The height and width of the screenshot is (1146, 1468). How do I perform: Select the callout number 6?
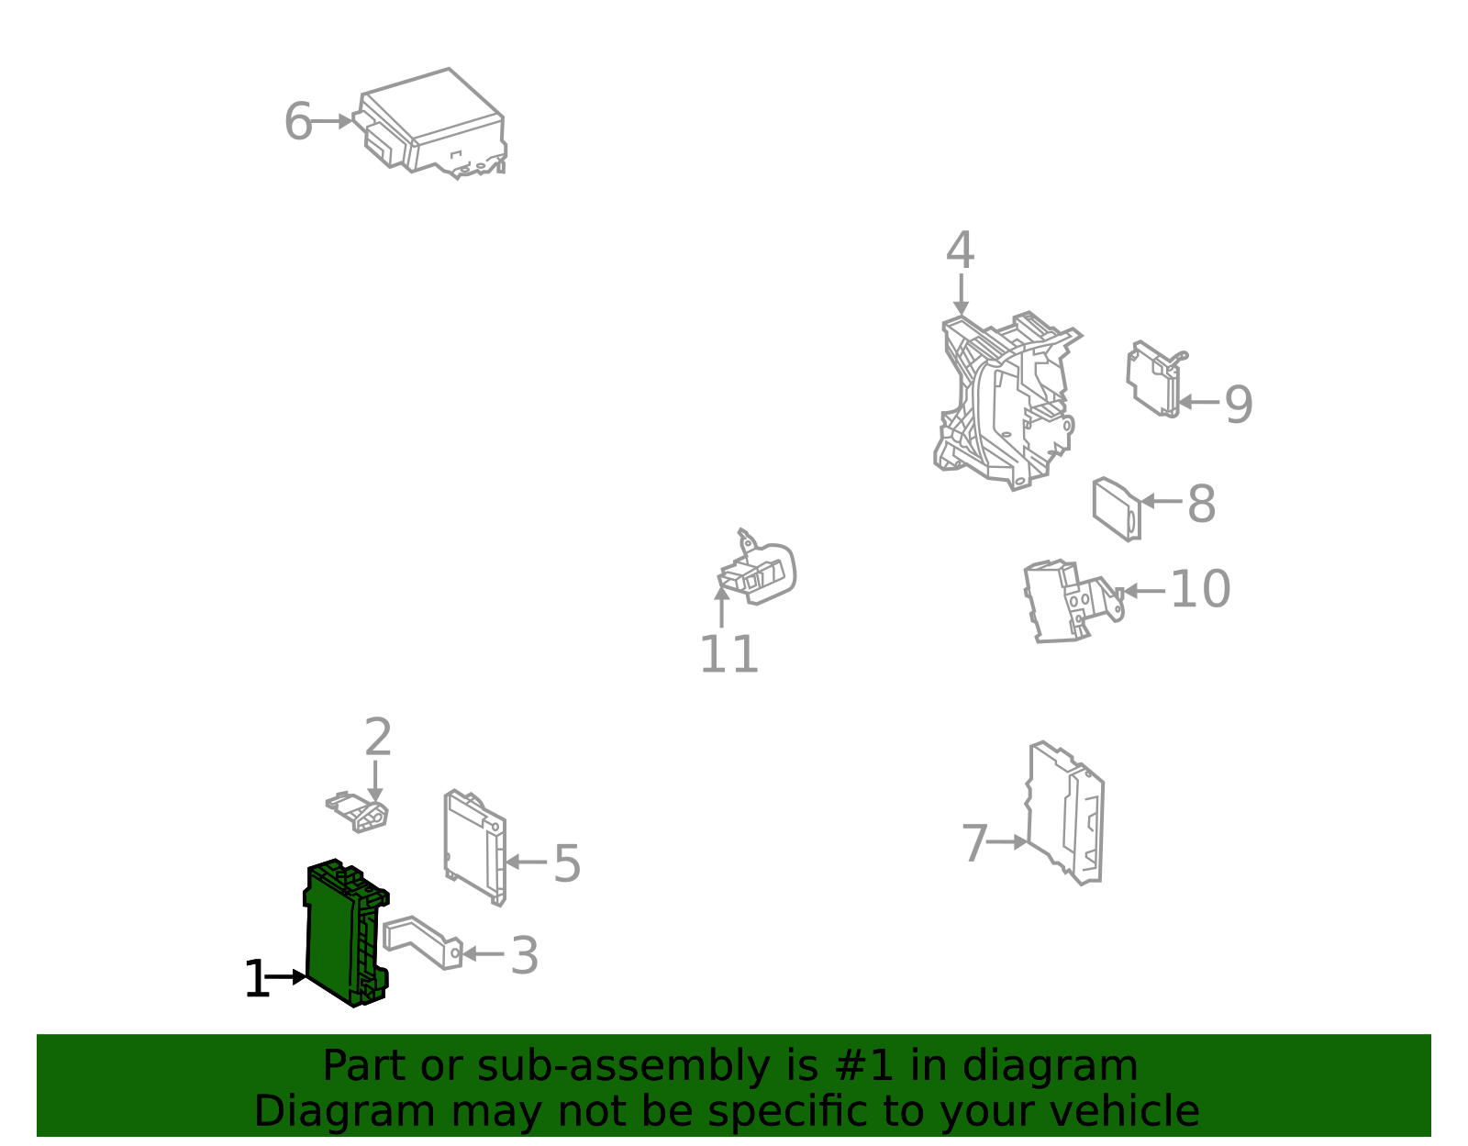[298, 122]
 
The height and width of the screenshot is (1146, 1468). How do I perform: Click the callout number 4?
[960, 250]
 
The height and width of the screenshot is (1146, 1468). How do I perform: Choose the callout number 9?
[1239, 405]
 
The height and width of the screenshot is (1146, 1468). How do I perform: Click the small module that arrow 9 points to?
[1155, 379]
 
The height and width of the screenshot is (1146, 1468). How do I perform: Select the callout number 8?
[1202, 504]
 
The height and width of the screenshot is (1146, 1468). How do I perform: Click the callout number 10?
[1200, 589]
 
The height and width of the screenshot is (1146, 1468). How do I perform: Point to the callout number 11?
[728, 654]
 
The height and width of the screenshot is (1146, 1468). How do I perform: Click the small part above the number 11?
[757, 568]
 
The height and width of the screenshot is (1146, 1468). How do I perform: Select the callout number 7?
[974, 843]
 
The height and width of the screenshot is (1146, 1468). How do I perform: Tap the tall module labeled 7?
[1065, 813]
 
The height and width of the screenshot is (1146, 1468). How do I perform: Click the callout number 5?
[567, 863]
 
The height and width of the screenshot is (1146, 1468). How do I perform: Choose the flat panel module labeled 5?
[475, 847]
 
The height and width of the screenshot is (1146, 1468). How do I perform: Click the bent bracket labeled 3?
[422, 943]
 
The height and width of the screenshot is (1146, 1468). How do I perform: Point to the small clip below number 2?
[358, 812]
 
